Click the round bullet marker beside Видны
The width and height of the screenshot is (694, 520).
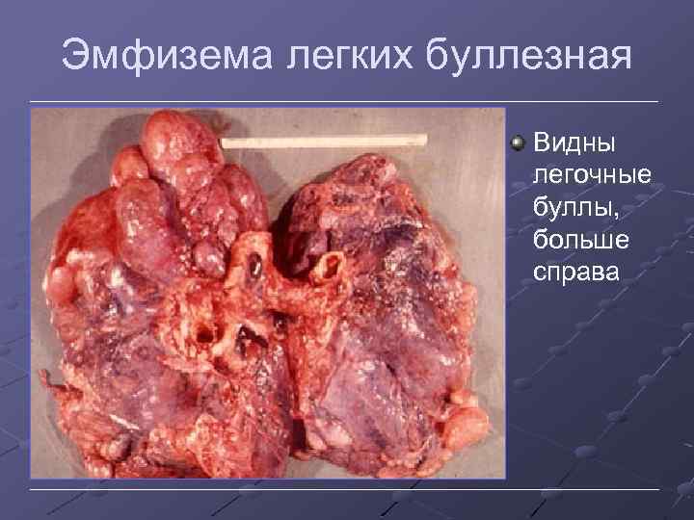(519, 143)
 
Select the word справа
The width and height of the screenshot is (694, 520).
(577, 271)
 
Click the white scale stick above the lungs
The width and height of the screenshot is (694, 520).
(323, 142)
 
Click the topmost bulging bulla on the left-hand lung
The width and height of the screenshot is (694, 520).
(174, 140)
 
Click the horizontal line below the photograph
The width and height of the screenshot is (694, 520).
(347, 491)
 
